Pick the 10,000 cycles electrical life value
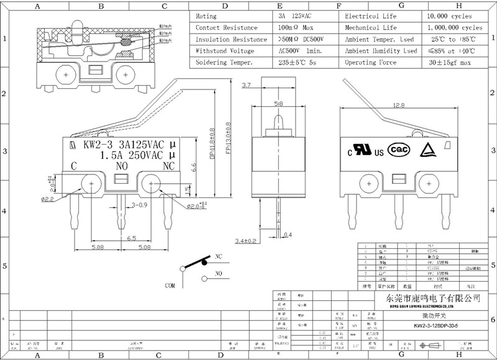coord(449,16)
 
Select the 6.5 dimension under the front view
coord(132,238)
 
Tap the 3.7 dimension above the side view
coord(246,85)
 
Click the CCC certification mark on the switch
coord(399,149)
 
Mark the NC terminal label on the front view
coord(168,166)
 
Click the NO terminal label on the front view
coord(121,166)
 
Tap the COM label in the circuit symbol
coord(169,286)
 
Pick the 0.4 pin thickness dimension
coord(287,235)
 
